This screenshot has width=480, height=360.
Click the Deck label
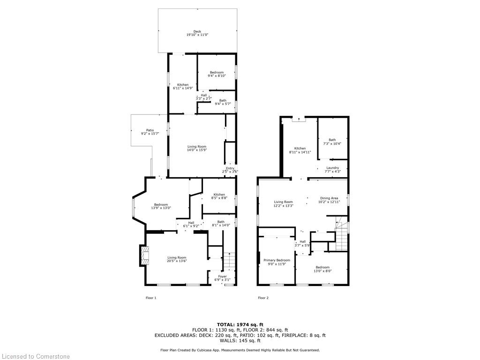coord(197,31)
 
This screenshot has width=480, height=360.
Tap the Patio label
coord(150,130)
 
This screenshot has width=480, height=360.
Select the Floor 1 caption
coord(151,298)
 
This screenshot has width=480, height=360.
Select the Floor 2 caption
coord(263,298)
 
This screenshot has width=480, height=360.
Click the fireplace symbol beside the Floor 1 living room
coord(143,255)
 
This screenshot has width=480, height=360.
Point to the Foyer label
coord(222,277)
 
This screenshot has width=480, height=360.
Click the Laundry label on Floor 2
coord(332,168)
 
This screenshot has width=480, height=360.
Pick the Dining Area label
coord(329,198)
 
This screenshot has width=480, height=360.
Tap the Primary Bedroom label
coord(277,260)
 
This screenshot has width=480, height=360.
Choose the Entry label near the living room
coord(230,169)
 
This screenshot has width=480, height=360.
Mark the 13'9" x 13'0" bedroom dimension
coord(161,208)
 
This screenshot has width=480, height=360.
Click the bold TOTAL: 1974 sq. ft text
coord(240,324)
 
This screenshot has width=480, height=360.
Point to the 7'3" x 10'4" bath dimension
coord(332,143)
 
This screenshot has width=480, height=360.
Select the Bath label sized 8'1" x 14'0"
coord(221,222)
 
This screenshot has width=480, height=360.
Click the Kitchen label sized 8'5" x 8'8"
coord(219,195)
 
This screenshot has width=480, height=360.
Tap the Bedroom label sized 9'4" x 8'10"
coord(217,72)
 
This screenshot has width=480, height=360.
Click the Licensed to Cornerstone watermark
coord(35,356)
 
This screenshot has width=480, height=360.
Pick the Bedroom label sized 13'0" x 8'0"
coord(322,267)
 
